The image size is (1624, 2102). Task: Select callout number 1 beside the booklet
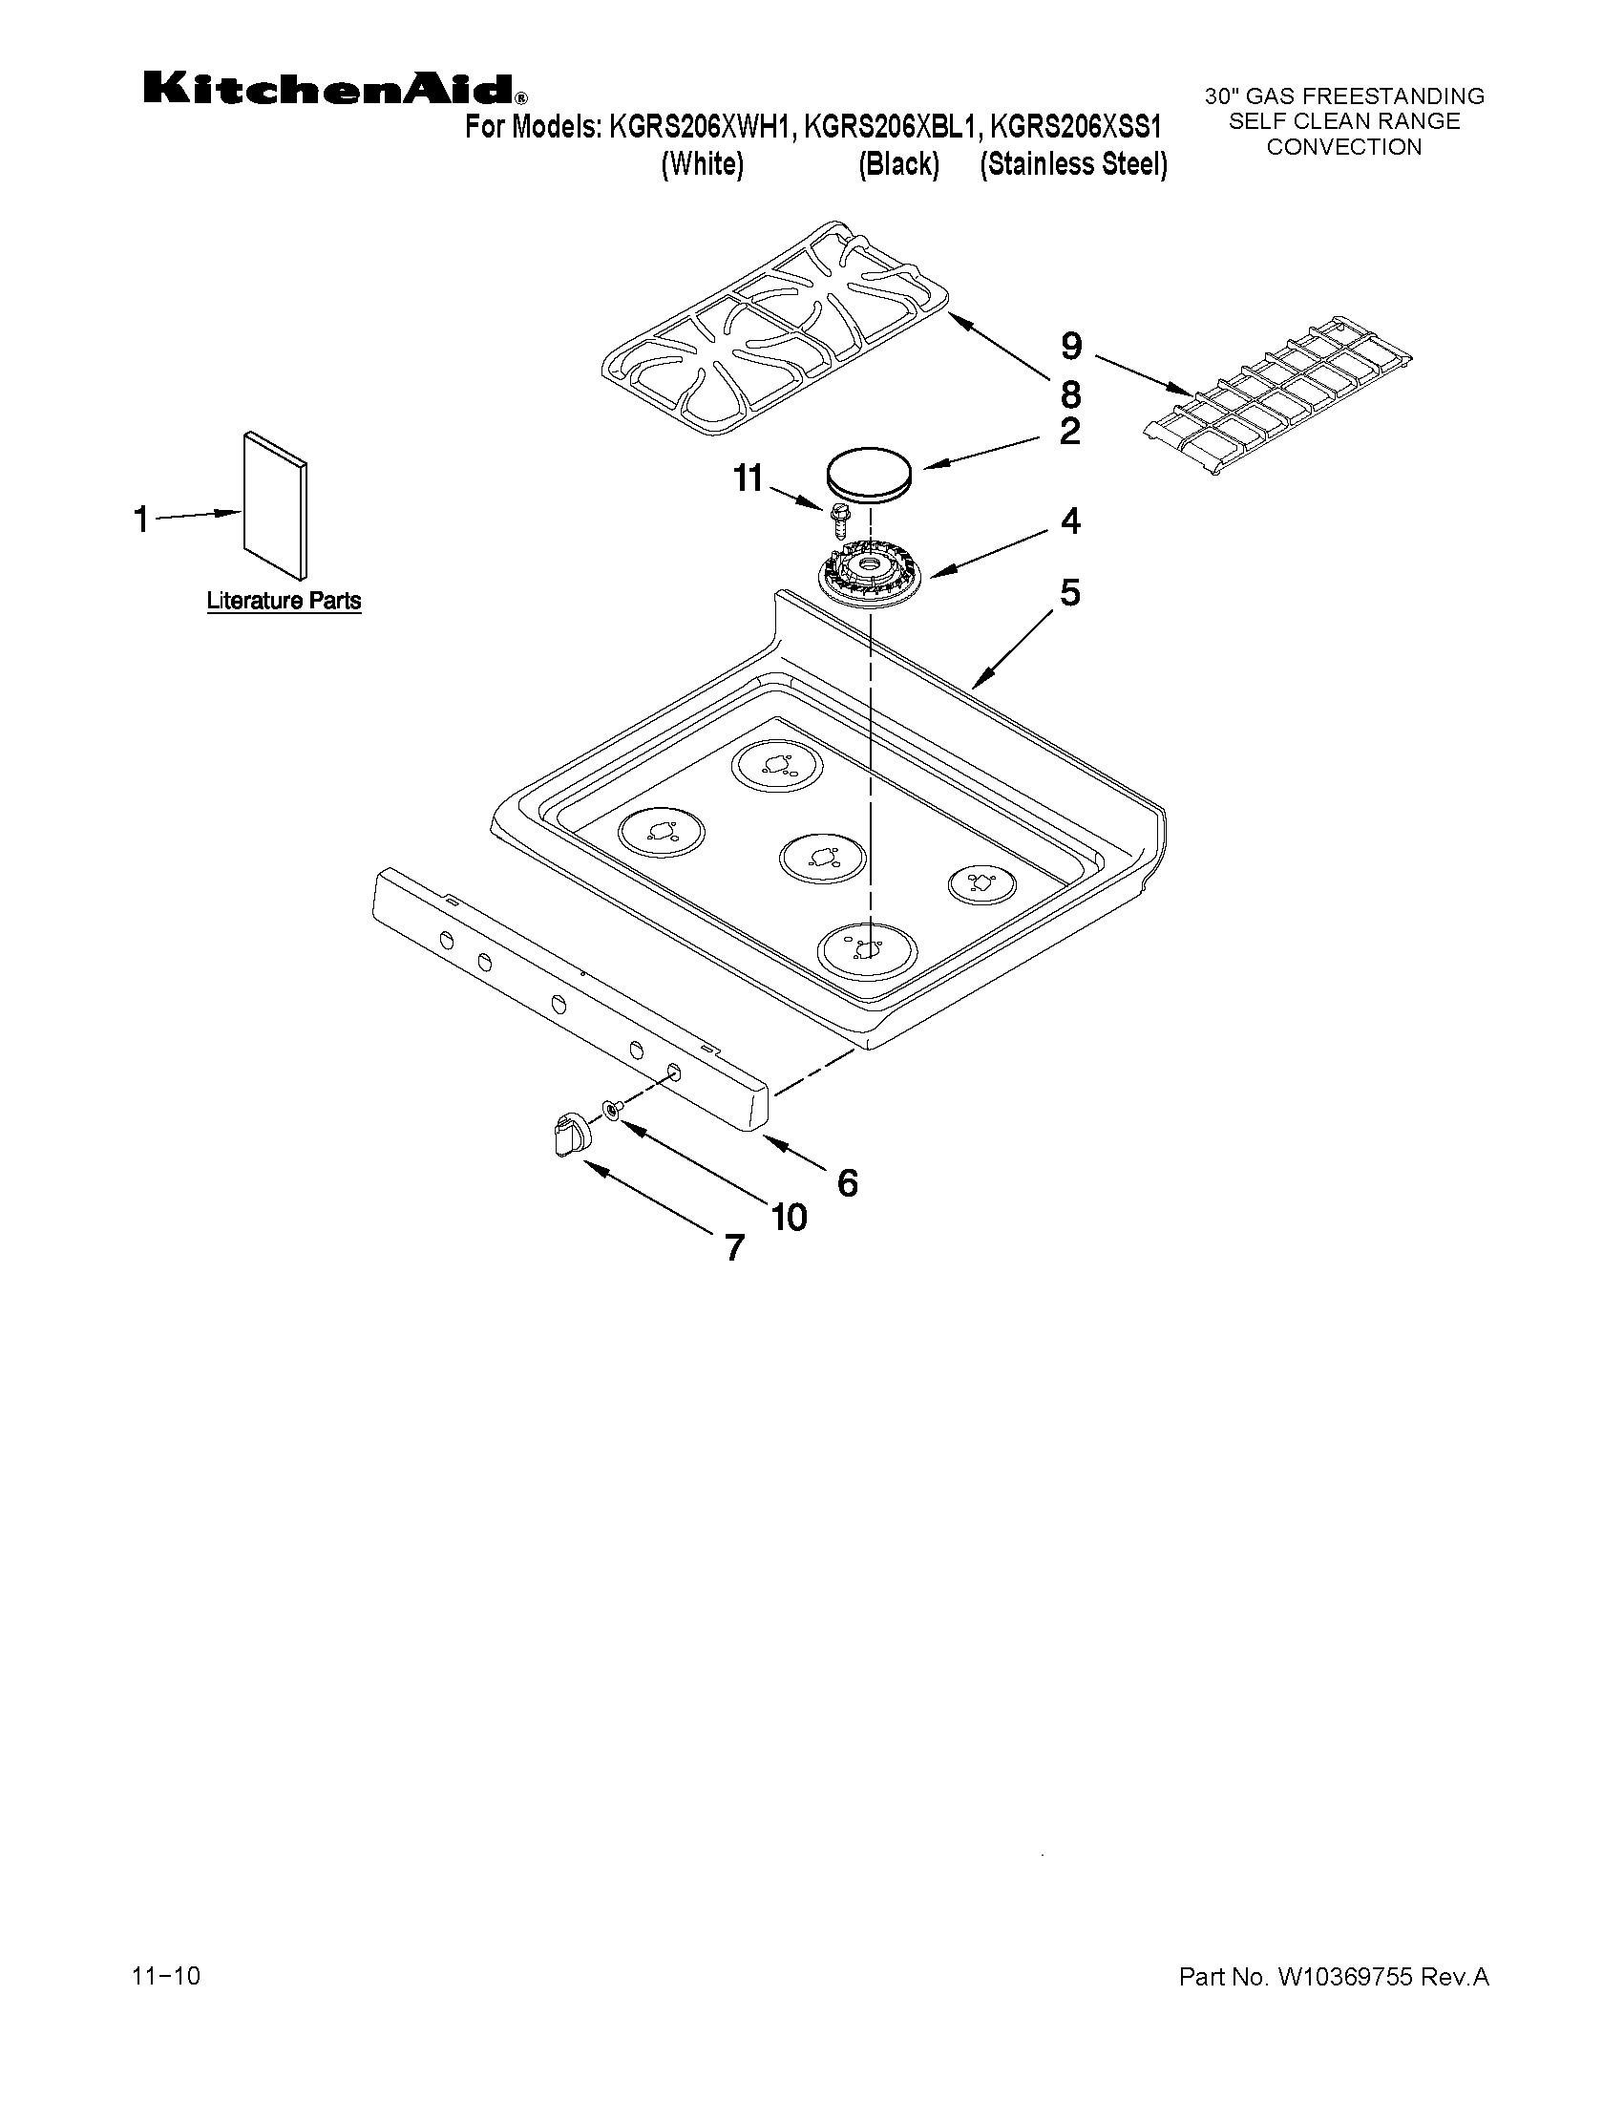pos(141,520)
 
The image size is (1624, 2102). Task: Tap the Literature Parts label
pos(284,602)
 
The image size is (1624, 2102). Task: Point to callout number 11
pos(748,478)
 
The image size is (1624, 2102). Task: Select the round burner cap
pos(870,475)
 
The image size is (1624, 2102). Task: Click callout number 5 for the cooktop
pos(1070,592)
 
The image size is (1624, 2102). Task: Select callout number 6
pos(847,1183)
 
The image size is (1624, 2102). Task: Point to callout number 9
pos(1071,346)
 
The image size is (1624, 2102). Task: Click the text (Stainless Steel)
pos(1074,164)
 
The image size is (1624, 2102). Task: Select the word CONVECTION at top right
pos(1343,147)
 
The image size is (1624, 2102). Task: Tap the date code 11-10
pos(166,1976)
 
